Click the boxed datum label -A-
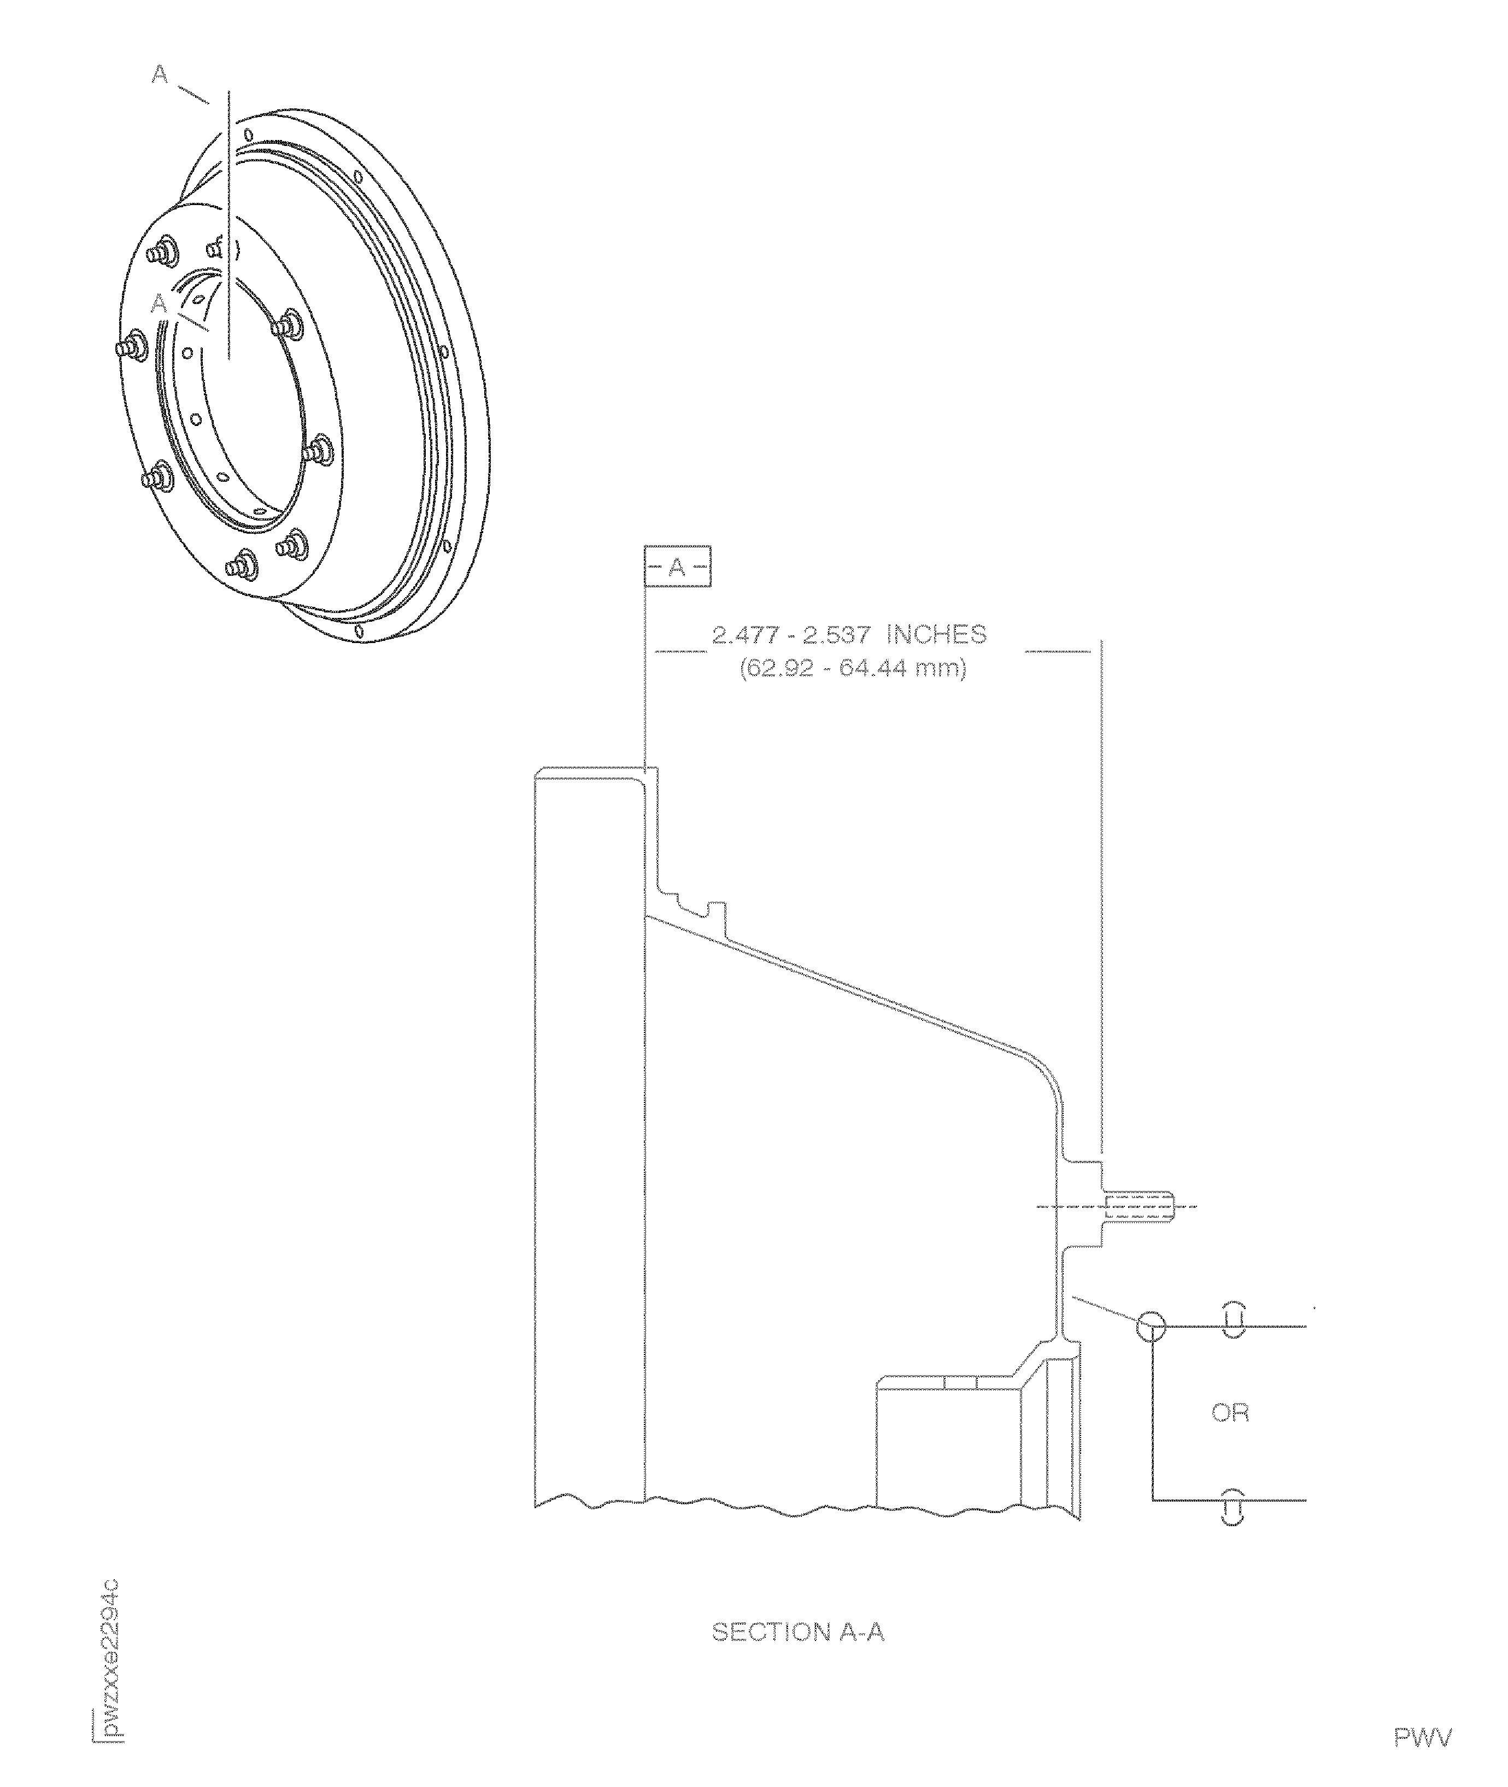click(x=677, y=567)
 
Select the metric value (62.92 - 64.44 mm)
click(x=852, y=667)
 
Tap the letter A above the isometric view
click(x=160, y=75)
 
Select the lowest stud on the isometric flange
click(x=240, y=565)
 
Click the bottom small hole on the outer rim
click(x=360, y=632)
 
